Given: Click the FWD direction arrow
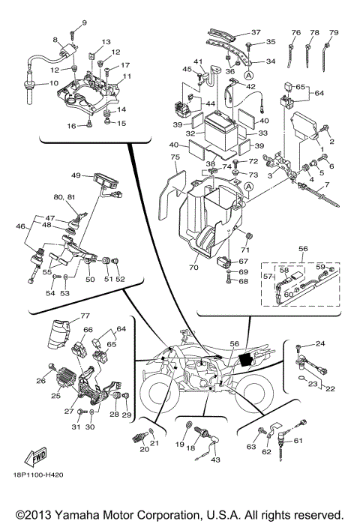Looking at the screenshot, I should pos(35,457).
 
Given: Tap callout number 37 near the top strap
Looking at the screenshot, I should pos(255,32).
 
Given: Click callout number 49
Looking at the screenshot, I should pos(76,175).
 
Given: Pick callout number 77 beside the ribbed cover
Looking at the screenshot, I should pos(64,316).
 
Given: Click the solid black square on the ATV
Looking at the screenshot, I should pos(243,359).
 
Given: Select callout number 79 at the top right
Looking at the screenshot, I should pos(334,33).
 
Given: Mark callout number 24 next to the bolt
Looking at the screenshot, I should pos(319,344).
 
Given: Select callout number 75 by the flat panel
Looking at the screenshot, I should pos(174,157).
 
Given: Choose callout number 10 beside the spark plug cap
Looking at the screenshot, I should pos(53,83).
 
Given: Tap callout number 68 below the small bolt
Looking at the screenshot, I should pos(243,281).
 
